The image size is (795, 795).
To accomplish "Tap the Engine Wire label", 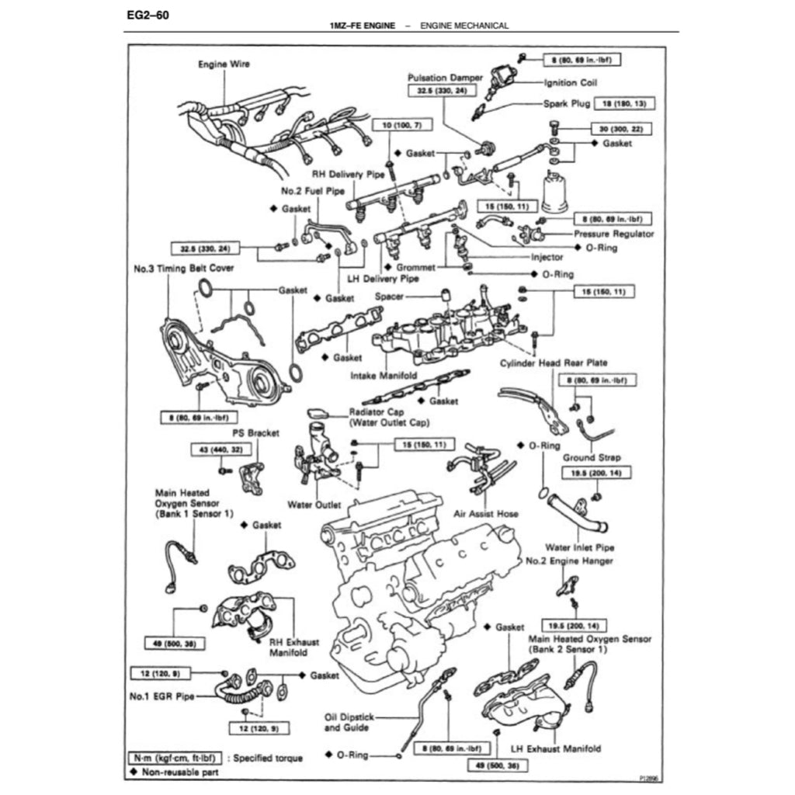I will pyautogui.click(x=224, y=64).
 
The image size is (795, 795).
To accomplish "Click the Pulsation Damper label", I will pyautogui.click(x=445, y=78).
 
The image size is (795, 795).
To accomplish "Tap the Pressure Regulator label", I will pyautogui.click(x=613, y=234).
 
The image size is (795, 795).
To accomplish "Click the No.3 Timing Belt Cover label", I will pyautogui.click(x=184, y=269).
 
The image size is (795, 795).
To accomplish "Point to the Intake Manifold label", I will pyautogui.click(x=384, y=375).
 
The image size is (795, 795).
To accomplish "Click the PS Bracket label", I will pyautogui.click(x=255, y=432).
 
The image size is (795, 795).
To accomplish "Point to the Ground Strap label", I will pyautogui.click(x=592, y=458).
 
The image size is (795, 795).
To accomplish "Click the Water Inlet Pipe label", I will pyautogui.click(x=579, y=547).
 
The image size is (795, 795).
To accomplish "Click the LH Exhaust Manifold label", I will pyautogui.click(x=556, y=749).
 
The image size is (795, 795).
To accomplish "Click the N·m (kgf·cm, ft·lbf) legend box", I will pyautogui.click(x=176, y=757).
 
